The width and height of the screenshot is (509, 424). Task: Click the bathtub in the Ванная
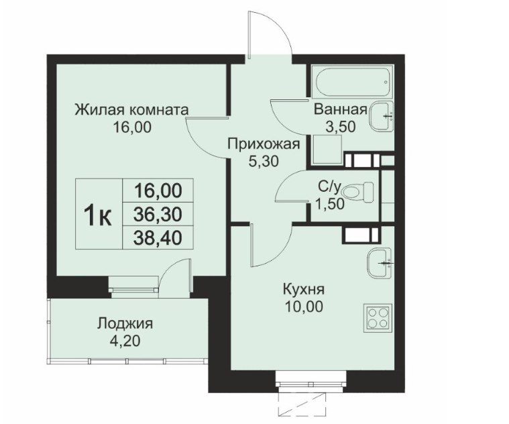tap(352, 81)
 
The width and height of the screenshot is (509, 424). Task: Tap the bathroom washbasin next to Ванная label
tap(382, 116)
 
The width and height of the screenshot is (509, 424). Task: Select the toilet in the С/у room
tap(358, 192)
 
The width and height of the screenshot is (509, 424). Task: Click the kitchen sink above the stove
tap(380, 263)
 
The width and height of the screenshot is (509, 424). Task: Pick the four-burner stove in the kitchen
tap(378, 318)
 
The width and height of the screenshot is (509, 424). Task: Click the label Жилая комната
tap(131, 110)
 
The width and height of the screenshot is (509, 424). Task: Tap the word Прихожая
tap(264, 144)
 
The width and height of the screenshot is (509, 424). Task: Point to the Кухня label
tap(304, 289)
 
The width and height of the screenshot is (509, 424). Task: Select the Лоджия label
tap(125, 323)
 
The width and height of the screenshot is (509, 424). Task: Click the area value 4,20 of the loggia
tap(125, 341)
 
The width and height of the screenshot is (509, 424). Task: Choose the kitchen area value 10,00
tap(304, 307)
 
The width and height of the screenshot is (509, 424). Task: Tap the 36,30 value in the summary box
tap(158, 214)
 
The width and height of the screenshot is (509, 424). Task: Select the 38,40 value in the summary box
tap(158, 238)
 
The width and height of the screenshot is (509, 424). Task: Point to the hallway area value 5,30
tap(264, 161)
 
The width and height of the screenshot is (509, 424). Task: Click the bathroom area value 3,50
tap(341, 127)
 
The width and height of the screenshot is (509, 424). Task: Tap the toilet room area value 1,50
tap(330, 204)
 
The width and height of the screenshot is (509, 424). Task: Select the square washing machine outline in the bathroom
tap(327, 150)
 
